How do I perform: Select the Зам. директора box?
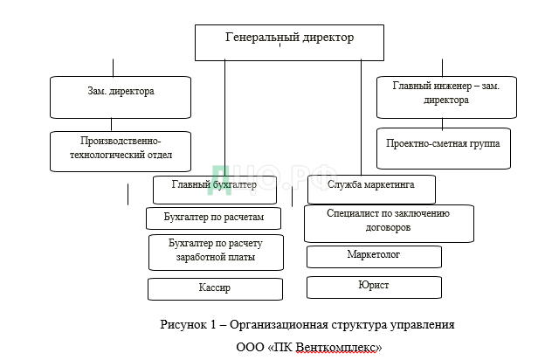tap(120, 96)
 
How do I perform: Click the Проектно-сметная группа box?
tap(443, 149)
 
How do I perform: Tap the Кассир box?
tap(215, 288)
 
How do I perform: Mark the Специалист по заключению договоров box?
tap(388, 222)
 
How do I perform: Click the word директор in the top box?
tap(325, 38)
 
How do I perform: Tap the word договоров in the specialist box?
tap(389, 228)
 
